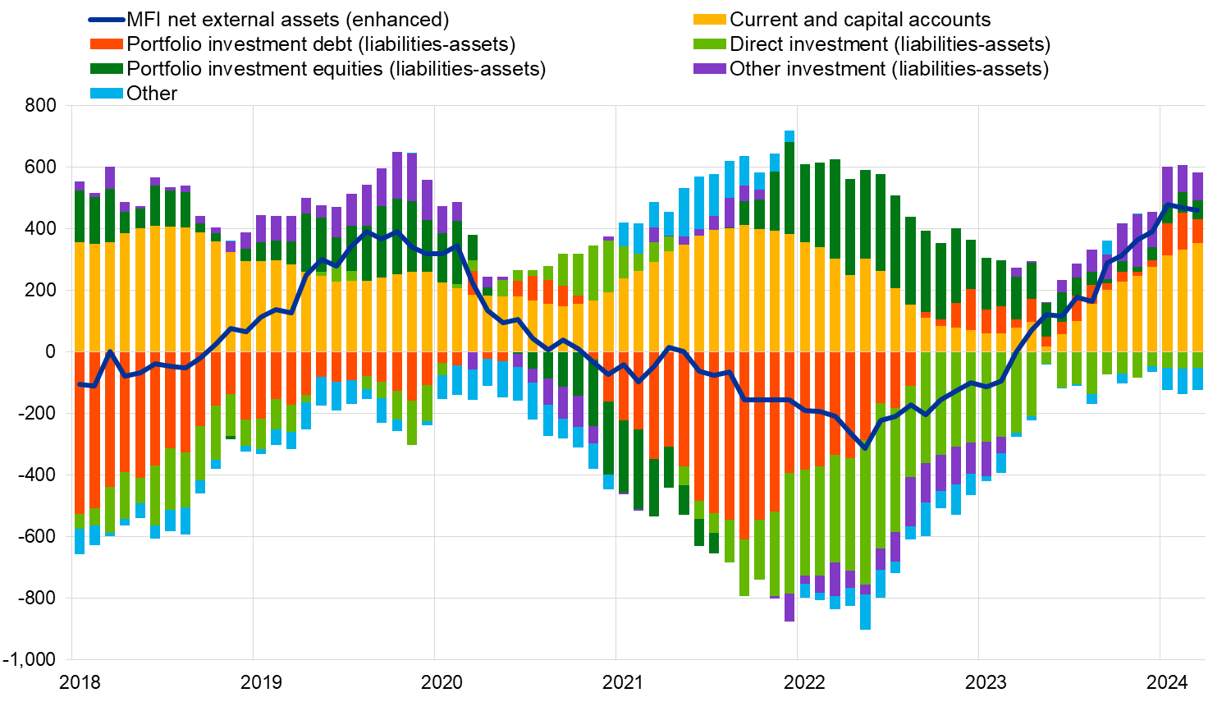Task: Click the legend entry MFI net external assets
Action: click(287, 20)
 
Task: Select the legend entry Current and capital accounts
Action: click(860, 20)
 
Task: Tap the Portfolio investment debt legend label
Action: click(321, 44)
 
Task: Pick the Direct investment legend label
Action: click(890, 44)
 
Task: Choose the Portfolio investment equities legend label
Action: click(336, 69)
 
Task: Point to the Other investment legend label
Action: click(889, 69)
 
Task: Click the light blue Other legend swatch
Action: click(106, 94)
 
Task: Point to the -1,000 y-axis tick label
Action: click(30, 660)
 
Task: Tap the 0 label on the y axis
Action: click(51, 352)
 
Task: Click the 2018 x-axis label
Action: click(80, 682)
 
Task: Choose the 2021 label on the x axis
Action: click(623, 682)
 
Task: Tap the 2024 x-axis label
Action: click(1167, 682)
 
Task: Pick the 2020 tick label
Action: click(442, 682)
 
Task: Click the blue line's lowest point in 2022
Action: click(864, 447)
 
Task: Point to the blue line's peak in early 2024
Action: click(1167, 205)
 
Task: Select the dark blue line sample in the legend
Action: click(106, 20)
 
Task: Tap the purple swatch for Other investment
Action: click(710, 69)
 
